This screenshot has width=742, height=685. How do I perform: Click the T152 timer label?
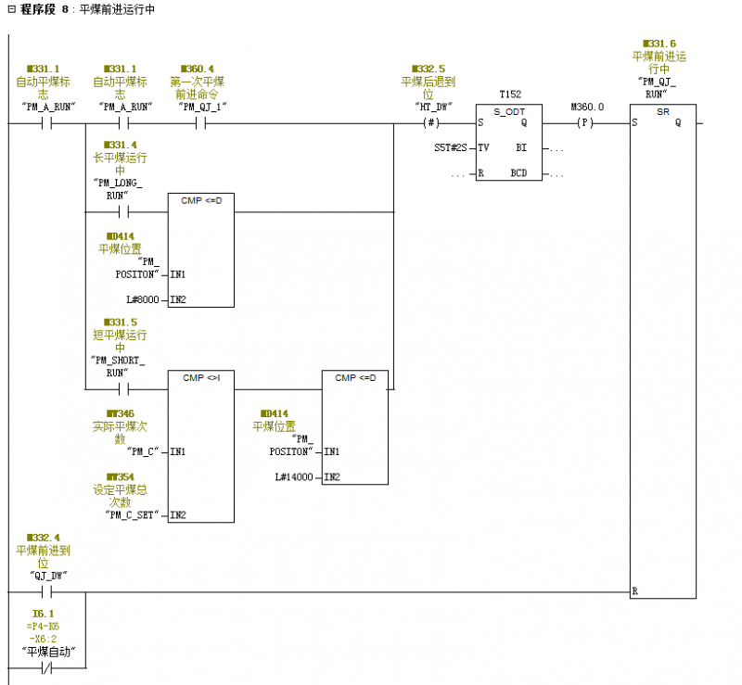pos(509,95)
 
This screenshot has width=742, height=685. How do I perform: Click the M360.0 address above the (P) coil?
pos(587,107)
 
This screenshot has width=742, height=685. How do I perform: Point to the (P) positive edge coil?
pos(584,122)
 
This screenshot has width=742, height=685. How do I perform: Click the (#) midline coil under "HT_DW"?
pos(430,122)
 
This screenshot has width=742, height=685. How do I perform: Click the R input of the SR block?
pos(634,590)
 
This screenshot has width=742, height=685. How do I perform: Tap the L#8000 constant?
pos(143,299)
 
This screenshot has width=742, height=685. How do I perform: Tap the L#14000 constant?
pos(294,476)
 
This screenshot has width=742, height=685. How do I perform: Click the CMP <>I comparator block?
pos(200,446)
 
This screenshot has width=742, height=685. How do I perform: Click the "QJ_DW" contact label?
pos(49,576)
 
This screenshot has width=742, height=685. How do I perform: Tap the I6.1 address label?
pos(43,614)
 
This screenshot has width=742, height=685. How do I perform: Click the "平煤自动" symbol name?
pos(49,652)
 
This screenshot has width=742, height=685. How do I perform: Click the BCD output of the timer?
pos(518,173)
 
